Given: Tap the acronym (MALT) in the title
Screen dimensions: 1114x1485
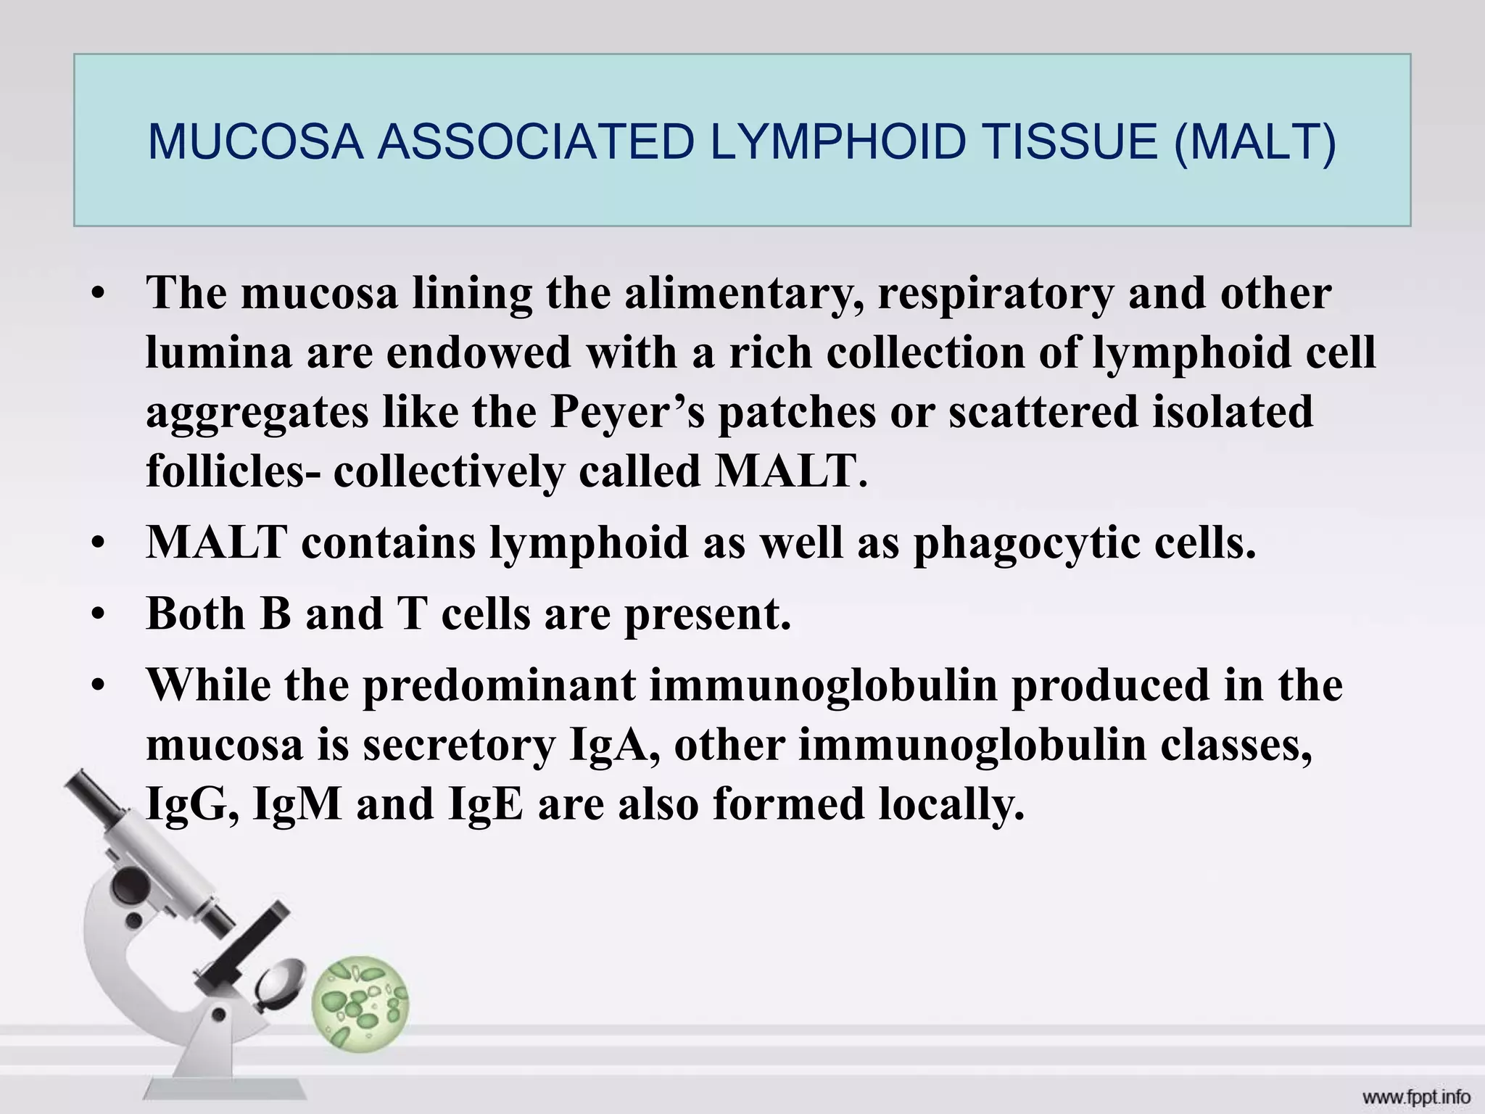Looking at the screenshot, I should (1254, 143).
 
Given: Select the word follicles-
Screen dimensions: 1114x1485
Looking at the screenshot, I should (233, 471).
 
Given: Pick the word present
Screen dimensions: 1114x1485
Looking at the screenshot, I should (708, 615).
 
